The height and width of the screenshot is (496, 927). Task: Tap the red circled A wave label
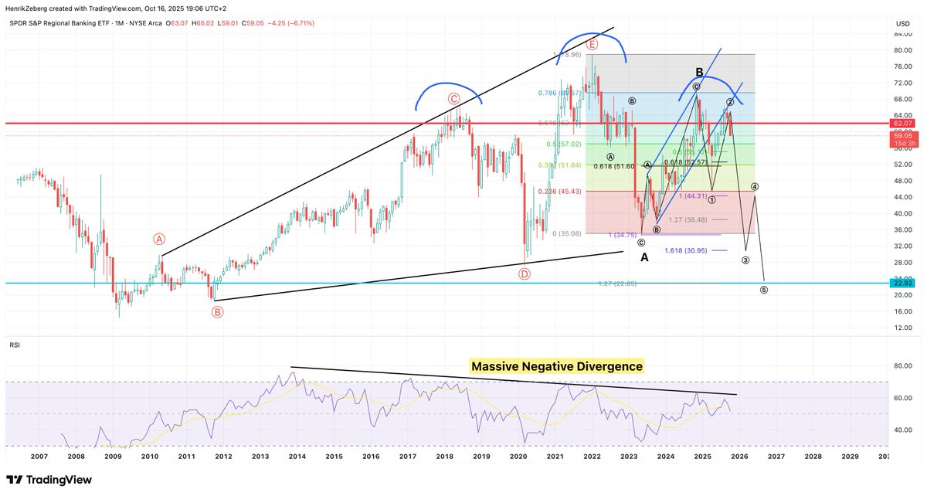(159, 240)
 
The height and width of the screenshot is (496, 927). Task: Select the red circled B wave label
(217, 312)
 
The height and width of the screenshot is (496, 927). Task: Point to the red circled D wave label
(525, 273)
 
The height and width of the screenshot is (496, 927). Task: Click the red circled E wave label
(592, 45)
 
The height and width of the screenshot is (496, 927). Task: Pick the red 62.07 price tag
(904, 123)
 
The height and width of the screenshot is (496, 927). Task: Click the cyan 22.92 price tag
(904, 284)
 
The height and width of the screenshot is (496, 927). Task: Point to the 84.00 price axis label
(903, 34)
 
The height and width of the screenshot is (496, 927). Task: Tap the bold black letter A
(644, 257)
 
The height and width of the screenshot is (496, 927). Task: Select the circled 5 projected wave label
(764, 290)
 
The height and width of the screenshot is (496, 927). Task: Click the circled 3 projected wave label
(745, 260)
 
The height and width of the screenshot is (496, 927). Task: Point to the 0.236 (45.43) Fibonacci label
(560, 192)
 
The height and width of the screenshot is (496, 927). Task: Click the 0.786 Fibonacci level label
(559, 93)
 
